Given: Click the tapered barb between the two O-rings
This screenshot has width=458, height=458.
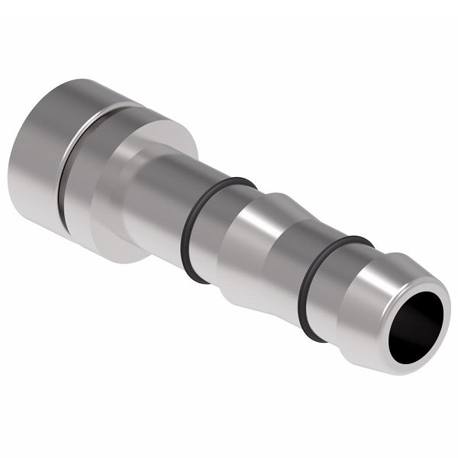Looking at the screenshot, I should [x=267, y=252].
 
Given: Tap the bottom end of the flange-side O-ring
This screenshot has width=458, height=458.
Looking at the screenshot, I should [x=195, y=275].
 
